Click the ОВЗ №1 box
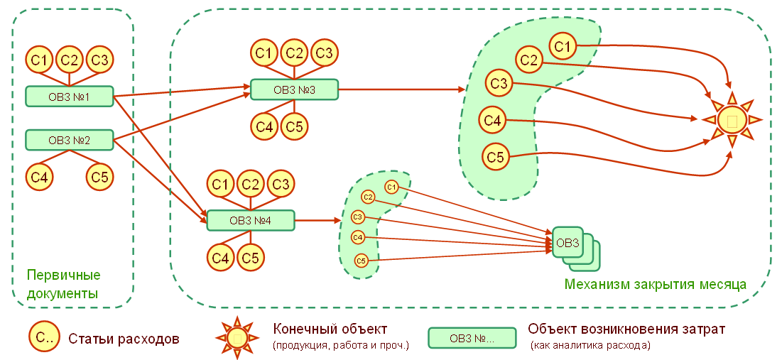click(x=70, y=96)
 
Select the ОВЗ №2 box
click(x=70, y=140)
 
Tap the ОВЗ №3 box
click(x=294, y=90)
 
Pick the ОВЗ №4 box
click(x=251, y=221)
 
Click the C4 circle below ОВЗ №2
click(x=40, y=177)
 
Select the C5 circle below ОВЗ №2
click(x=100, y=177)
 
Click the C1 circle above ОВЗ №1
click(x=40, y=60)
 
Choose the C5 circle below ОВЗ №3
click(x=294, y=127)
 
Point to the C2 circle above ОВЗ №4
click(x=250, y=184)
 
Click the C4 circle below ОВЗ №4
click(x=221, y=258)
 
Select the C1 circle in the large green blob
click(x=563, y=47)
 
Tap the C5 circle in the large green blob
click(x=496, y=156)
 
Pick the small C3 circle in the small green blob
click(x=358, y=217)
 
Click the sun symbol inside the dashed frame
click(x=732, y=120)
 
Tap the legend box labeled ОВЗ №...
click(x=472, y=338)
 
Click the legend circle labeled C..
click(x=43, y=337)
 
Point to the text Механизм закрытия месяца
click(x=655, y=284)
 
